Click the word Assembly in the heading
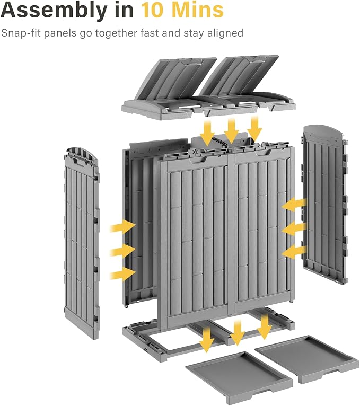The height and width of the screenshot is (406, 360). coord(54,11)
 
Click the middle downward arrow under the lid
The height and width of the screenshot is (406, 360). coord(231,130)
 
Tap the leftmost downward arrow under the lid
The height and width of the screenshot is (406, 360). coord(207,133)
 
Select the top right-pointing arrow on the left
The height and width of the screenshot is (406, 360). coord(123,227)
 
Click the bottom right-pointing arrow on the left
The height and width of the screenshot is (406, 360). coord(123,273)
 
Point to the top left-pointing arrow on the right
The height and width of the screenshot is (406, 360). coord(294,205)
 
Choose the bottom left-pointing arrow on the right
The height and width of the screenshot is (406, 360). coord(294,252)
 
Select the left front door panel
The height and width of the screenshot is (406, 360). coord(193,235)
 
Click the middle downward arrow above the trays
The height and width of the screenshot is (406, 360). coord(237,333)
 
